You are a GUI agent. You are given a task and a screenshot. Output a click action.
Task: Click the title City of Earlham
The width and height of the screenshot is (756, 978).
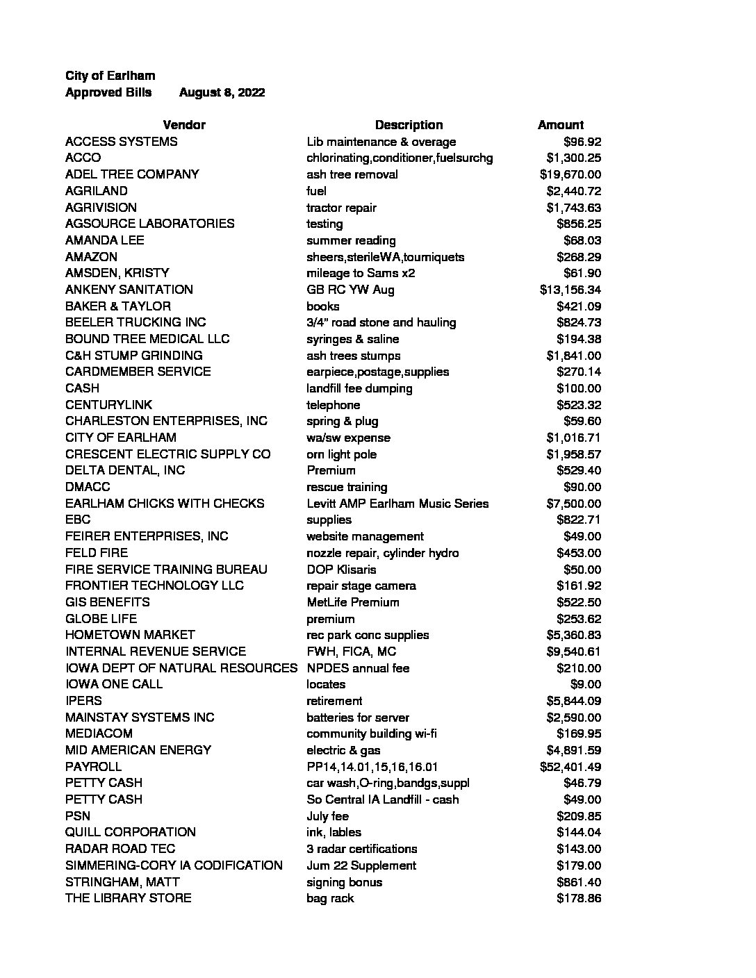pos(110,76)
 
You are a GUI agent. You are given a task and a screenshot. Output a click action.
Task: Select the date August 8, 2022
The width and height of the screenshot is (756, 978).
pos(222,92)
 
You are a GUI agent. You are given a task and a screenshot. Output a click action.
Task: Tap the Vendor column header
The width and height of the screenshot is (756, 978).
pos(184,125)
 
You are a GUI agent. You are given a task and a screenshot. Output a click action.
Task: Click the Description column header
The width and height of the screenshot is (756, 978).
pos(409,125)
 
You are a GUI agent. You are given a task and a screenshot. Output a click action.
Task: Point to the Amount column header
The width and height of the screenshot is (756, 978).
pos(560,125)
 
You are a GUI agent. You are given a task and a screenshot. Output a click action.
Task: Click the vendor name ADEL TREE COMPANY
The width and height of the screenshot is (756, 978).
pos(132,174)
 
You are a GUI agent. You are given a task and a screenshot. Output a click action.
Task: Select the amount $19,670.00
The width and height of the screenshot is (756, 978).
pos(570,174)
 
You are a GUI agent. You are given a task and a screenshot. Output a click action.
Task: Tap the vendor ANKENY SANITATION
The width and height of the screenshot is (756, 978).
pos(129,290)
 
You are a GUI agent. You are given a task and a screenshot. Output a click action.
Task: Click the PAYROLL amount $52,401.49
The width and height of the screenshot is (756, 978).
pos(570,767)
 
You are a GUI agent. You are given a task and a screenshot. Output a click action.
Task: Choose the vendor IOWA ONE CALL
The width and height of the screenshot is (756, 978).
pos(114,684)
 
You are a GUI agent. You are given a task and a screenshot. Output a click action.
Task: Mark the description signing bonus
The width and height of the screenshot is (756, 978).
pos(344,882)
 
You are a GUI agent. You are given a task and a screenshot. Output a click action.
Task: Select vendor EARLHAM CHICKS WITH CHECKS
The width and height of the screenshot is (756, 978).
pos(165,504)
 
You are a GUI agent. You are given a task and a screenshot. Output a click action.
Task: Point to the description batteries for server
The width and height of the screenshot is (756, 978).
pos(358,718)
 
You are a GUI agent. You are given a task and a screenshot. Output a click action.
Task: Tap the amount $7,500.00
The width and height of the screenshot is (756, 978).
pos(574,504)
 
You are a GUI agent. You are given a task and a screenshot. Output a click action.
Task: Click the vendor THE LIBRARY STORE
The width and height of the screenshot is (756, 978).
pos(129,898)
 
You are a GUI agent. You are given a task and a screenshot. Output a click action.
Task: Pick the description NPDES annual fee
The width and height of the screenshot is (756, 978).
pos(358,668)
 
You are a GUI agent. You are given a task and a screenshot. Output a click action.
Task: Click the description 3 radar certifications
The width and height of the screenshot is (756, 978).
pos(362,849)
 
